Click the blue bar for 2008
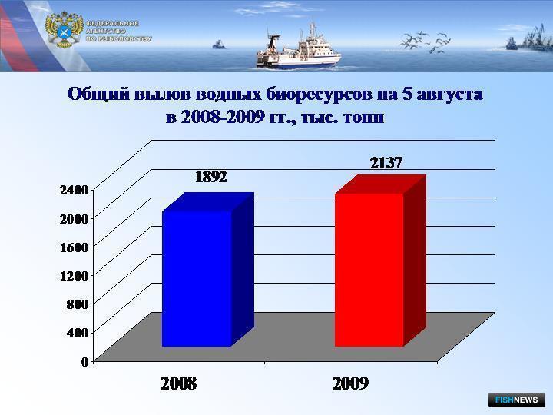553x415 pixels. [x=208, y=270]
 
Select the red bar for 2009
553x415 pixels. [x=380, y=261]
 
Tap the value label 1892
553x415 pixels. [x=211, y=177]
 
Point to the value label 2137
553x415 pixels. [x=386, y=163]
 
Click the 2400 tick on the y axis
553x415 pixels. [x=74, y=190]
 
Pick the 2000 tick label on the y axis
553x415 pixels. [x=74, y=219]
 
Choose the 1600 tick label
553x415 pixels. [x=74, y=247]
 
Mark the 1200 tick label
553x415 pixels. [x=74, y=276]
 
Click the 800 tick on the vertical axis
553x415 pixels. [x=78, y=304]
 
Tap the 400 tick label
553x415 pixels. [x=78, y=333]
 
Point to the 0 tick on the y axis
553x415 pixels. [x=84, y=361]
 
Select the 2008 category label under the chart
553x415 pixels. [x=178, y=383]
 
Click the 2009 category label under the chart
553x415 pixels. [x=350, y=383]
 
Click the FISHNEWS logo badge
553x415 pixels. [x=517, y=400]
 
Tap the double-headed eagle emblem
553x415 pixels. [x=64, y=30]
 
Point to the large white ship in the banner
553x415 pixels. [x=298, y=48]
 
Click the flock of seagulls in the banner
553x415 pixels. [x=424, y=42]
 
